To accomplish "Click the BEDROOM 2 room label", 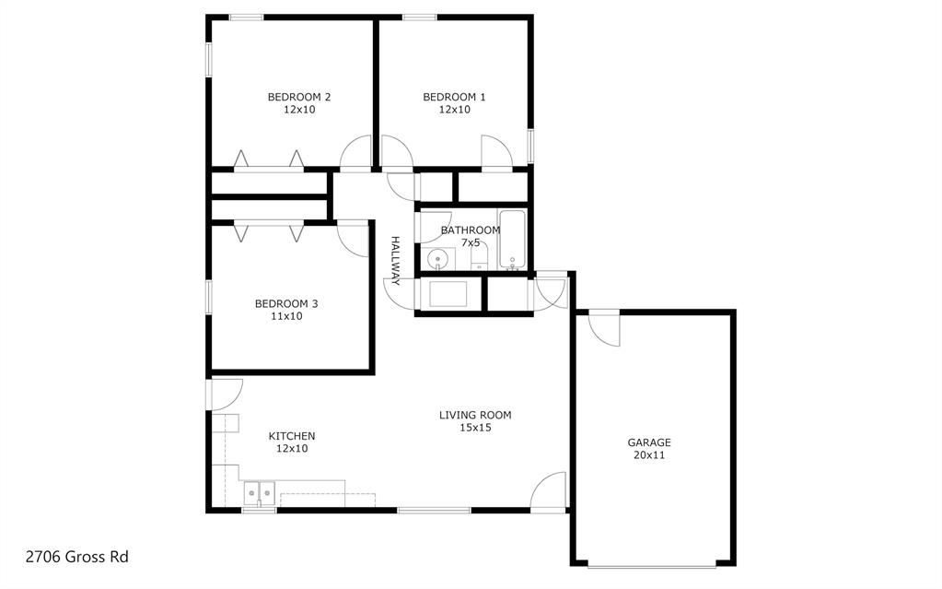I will point(299,97).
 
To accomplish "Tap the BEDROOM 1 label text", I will point(454,97).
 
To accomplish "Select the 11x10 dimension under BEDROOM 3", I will point(286,316).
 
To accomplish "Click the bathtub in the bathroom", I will point(512,240).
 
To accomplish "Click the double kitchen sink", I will point(259,493).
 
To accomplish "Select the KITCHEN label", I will point(292,436).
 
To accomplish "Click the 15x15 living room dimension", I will point(475,427).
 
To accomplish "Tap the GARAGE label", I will point(649,442).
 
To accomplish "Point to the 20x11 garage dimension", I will point(649,455).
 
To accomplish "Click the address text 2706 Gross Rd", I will point(76,557).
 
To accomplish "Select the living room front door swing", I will point(550,491).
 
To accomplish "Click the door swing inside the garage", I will point(606,328).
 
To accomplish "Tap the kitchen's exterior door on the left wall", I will point(226,395).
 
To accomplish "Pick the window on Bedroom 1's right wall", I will point(530,146).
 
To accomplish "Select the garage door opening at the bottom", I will point(651,564).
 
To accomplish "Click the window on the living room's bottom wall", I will point(434,510).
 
